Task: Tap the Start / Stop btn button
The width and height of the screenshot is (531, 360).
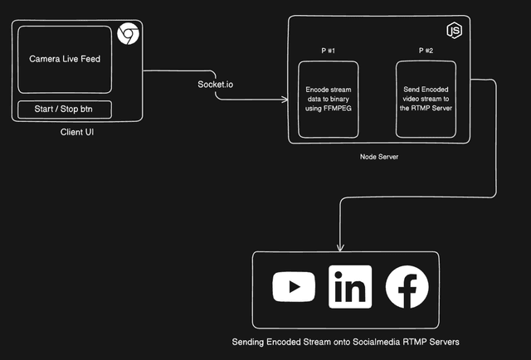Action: point(64,109)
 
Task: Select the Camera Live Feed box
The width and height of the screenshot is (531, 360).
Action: point(64,60)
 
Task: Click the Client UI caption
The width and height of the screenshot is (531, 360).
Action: point(78,132)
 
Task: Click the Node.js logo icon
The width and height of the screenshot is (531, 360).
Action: point(454,32)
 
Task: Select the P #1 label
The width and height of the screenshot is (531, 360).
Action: point(328,51)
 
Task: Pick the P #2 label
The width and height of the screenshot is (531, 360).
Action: point(426,51)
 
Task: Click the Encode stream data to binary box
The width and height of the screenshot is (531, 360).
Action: point(328,100)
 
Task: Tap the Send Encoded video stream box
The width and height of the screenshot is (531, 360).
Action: point(426,100)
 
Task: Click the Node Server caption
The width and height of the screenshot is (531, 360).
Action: point(379,157)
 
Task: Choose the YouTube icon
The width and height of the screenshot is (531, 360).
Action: point(294,288)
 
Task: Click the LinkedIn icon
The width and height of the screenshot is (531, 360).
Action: point(349,288)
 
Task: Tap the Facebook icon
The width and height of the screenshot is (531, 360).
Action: point(407,288)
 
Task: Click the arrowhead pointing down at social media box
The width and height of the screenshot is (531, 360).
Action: point(340,247)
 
